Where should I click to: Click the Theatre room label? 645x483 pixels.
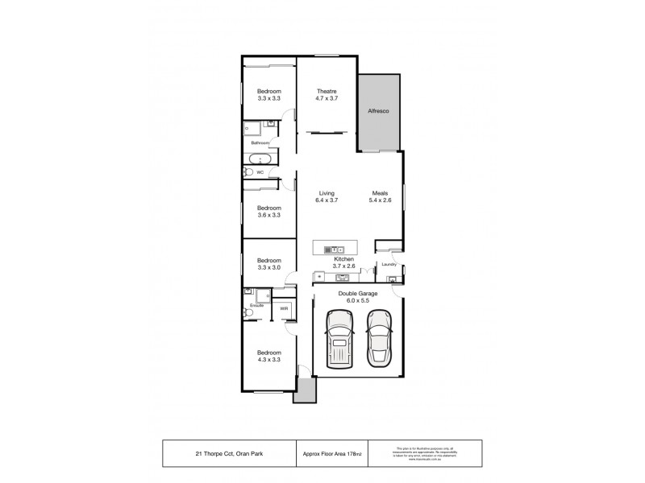tap(326, 91)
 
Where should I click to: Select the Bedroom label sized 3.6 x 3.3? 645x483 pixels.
tap(268, 208)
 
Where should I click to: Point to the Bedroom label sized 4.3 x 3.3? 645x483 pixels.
tap(268, 353)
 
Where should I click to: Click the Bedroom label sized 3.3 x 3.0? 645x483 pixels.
tap(268, 261)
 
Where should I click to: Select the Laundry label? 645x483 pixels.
tap(387, 264)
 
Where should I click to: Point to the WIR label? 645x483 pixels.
tap(284, 308)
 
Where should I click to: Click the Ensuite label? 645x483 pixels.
tap(256, 308)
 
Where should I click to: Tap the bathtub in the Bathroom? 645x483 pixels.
tap(259, 158)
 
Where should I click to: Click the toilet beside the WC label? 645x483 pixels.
tap(247, 171)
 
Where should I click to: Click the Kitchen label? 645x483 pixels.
tap(343, 259)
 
